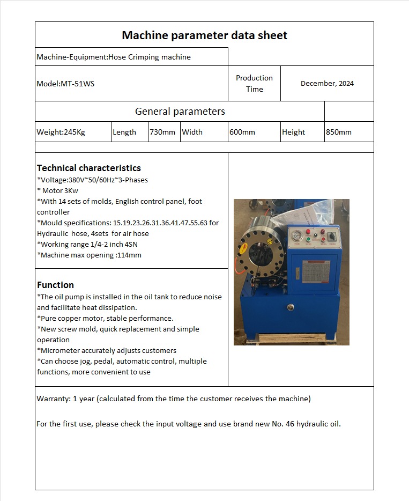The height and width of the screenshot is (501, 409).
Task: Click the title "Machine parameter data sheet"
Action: [204, 35]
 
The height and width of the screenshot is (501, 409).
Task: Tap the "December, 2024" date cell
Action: [327, 84]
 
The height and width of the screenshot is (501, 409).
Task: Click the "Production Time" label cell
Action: [254, 84]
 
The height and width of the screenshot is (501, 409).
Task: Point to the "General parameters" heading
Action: [180, 112]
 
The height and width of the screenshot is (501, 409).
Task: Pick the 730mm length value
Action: [162, 132]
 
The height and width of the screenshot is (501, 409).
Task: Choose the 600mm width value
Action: [242, 132]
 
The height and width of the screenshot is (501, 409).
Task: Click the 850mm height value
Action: [339, 132]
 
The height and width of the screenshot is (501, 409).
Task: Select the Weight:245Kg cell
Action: [61, 132]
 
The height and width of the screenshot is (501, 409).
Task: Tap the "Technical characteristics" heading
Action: [88, 168]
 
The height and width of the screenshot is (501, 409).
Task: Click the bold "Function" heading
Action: [55, 285]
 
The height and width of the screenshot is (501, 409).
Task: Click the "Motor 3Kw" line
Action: [60, 191]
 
